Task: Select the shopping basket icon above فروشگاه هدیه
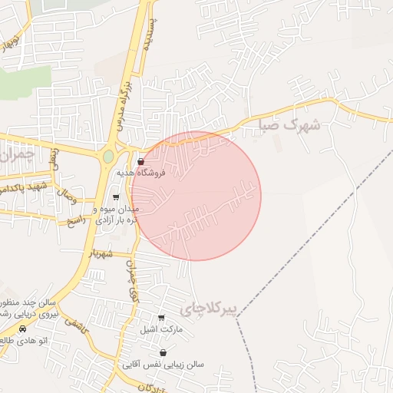tap(140, 162)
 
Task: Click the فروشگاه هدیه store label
tap(140, 173)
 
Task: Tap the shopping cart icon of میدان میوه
tap(116, 198)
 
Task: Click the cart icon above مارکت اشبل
tap(161, 318)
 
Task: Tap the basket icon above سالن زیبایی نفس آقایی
tap(163, 352)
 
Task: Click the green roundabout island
tap(108, 156)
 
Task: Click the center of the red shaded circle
tap(196, 196)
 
